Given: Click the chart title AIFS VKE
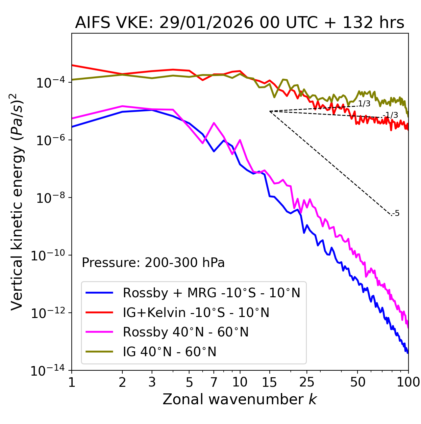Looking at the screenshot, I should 239,23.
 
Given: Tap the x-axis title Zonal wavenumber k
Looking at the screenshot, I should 239,399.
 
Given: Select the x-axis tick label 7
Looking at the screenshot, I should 214,382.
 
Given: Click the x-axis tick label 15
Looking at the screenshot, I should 269,382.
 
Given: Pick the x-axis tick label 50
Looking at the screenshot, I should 358,382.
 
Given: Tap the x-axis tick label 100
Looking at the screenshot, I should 408,382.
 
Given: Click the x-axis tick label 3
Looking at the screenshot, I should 152,382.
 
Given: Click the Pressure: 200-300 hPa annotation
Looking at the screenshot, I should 153,263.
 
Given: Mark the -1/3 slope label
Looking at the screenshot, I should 391,115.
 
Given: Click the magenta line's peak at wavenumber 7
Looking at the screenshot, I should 214,123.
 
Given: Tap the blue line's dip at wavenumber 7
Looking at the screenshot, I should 214,151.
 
